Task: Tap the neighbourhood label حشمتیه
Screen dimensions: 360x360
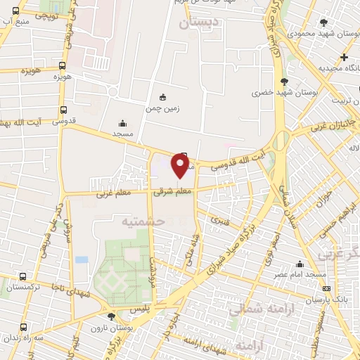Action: (x=142, y=221)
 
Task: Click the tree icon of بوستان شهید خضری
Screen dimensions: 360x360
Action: (x=284, y=82)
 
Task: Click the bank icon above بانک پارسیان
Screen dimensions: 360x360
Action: (x=326, y=288)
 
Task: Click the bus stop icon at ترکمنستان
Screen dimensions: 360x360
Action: (x=23, y=277)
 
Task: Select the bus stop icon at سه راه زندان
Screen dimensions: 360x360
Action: (x=24, y=326)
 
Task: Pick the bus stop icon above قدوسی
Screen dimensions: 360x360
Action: (x=64, y=110)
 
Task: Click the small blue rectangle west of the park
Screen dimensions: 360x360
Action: (x=82, y=259)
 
